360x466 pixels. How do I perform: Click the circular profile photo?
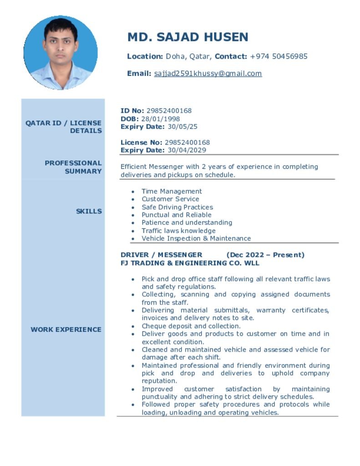61,52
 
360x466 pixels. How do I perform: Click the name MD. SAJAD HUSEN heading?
188,37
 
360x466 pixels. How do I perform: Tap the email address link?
208,73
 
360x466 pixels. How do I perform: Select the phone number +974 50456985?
279,56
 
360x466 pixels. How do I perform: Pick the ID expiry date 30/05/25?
183,127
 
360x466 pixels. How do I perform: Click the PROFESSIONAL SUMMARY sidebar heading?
73,167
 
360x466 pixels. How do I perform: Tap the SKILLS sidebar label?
89,211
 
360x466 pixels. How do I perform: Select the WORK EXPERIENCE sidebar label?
66,329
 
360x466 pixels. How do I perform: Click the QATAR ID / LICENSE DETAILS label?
64,127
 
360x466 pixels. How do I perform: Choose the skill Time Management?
172,191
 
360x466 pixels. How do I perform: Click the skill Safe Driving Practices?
177,207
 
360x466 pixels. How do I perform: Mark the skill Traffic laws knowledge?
178,231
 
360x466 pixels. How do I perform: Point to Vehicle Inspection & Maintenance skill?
196,238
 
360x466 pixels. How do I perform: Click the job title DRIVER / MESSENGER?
161,255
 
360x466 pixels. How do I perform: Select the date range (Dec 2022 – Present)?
265,255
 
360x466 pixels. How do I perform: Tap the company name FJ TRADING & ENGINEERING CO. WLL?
190,263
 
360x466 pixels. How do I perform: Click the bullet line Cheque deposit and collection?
191,326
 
